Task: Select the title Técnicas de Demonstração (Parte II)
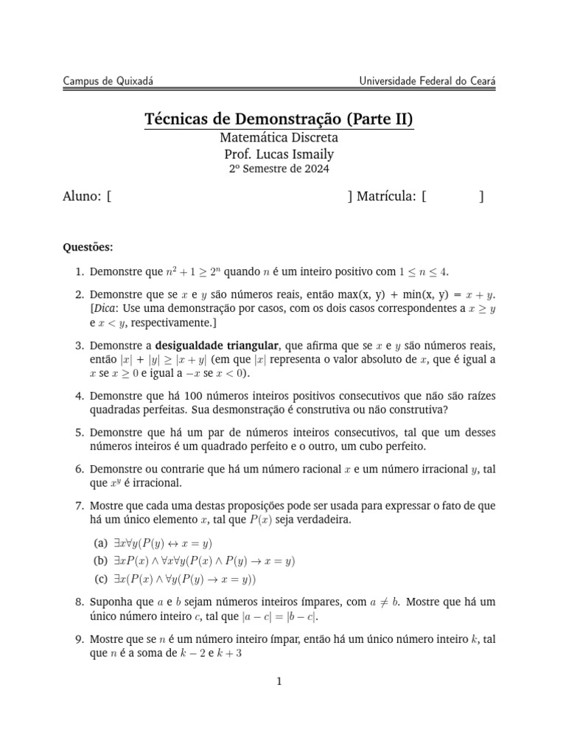(x=279, y=119)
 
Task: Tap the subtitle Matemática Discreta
(x=279, y=138)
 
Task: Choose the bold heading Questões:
(x=88, y=246)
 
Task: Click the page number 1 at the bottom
(x=279, y=681)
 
